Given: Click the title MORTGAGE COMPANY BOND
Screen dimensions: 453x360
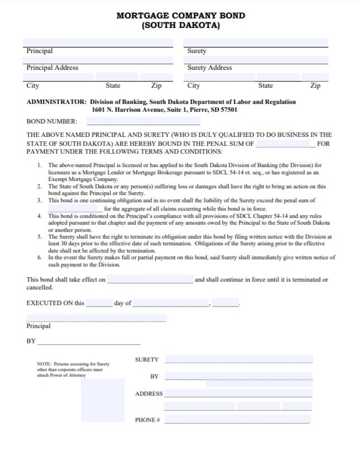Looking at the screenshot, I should click(x=180, y=16).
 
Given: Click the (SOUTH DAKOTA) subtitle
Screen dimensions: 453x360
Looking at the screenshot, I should click(x=180, y=26).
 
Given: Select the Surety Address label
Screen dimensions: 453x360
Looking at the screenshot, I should click(x=209, y=68).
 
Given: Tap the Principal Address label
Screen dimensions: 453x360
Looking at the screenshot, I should click(x=52, y=68).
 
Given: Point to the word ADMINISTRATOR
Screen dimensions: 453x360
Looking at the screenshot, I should click(x=56, y=102).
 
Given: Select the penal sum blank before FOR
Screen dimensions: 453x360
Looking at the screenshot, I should click(x=285, y=144).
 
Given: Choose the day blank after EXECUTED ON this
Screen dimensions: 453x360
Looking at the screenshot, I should click(x=99, y=303).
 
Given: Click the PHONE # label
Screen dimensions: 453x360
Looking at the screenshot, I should click(x=147, y=420).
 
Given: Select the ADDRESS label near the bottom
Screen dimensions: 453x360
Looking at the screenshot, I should click(x=148, y=394).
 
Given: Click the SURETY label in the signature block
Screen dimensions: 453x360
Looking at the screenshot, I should click(x=147, y=360).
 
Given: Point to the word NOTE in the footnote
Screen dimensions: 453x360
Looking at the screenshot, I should click(x=44, y=364).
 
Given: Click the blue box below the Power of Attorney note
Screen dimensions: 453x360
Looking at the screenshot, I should click(x=104, y=401).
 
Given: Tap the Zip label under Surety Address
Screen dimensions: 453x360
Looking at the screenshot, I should click(x=315, y=86).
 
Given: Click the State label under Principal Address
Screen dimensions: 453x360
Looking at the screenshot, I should click(x=113, y=86).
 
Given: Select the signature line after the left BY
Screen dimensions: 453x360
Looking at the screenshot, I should click(x=88, y=341).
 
